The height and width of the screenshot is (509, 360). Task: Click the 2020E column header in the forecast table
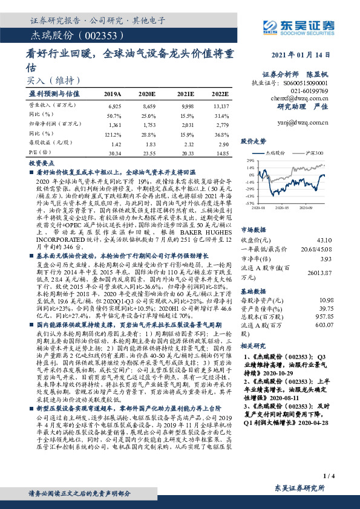[x=147, y=94]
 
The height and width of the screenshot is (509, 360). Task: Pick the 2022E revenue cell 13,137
[x=220, y=106]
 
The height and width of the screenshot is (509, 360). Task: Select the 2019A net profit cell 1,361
[x=113, y=123]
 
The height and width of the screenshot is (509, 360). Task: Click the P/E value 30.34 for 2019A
[x=113, y=153]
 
